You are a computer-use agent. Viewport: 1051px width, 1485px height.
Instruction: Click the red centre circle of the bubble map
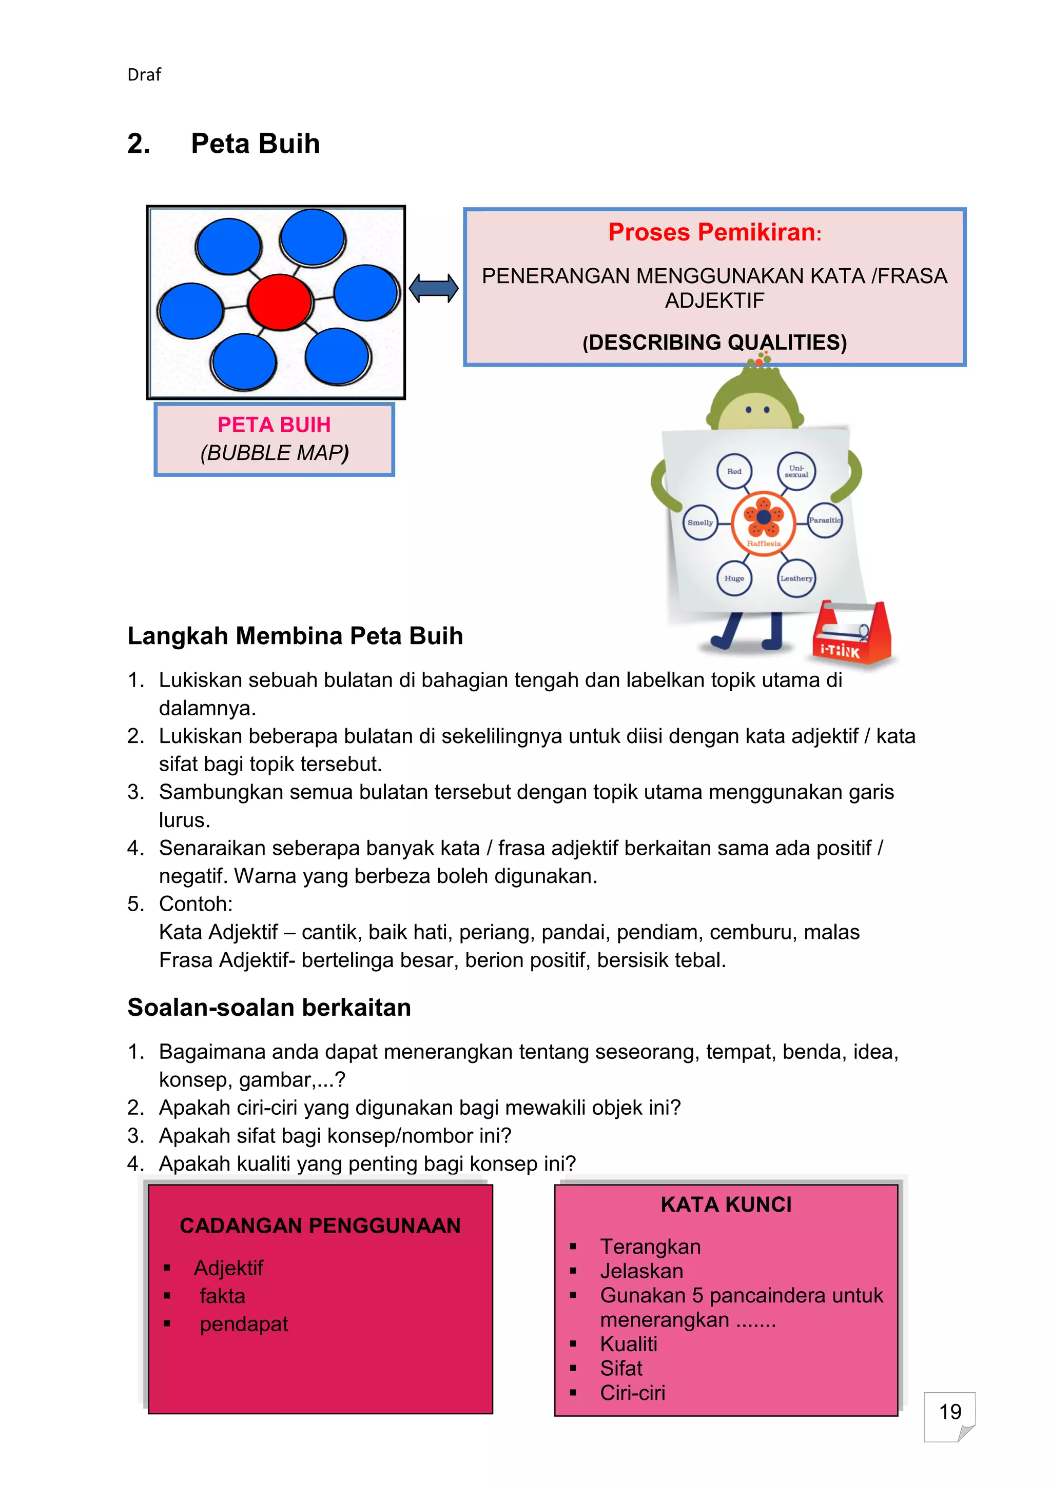280,302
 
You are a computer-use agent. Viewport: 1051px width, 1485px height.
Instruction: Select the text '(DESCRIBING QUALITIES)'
714,342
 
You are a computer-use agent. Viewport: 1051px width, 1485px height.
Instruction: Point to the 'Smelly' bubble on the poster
700,523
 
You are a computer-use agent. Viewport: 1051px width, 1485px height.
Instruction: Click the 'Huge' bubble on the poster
734,578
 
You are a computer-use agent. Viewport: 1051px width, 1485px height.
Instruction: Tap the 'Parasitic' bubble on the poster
825,520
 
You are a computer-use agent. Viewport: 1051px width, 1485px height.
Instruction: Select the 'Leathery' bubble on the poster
796,578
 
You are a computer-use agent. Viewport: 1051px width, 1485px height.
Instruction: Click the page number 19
949,1411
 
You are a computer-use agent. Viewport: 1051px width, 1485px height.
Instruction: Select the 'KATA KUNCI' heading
726,1205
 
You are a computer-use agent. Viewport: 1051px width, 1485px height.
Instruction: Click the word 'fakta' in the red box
222,1296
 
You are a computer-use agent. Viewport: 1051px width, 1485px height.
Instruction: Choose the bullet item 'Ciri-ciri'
632,1393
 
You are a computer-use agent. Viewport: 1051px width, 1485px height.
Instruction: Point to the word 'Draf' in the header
144,75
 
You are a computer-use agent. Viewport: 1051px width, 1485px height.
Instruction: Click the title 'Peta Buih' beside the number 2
255,144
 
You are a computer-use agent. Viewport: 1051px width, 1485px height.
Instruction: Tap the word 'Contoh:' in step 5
196,904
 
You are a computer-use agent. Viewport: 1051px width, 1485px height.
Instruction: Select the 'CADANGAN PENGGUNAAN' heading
320,1226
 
